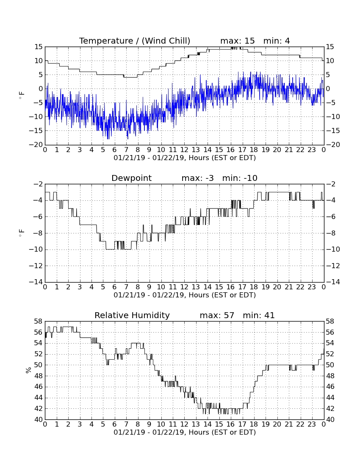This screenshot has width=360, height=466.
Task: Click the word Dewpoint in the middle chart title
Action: (x=131, y=178)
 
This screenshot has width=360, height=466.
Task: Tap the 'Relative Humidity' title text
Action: (x=132, y=315)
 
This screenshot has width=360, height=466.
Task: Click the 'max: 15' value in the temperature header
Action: (x=237, y=41)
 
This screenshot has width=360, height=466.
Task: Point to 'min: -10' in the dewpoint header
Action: (x=240, y=178)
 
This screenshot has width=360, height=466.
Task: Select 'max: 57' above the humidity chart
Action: (x=217, y=315)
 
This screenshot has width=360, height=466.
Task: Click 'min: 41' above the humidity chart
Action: (x=258, y=315)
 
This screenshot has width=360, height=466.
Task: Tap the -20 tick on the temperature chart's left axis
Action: (x=36, y=145)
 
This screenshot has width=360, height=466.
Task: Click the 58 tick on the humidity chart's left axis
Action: (x=39, y=321)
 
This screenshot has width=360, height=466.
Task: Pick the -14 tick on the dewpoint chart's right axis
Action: (x=333, y=282)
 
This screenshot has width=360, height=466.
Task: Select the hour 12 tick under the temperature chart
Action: (x=184, y=150)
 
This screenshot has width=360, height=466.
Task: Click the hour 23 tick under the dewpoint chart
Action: (x=312, y=287)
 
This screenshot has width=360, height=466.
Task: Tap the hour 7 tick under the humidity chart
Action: (x=126, y=424)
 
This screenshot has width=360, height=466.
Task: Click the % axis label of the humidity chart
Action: (x=28, y=370)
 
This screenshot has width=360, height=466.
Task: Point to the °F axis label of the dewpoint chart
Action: (x=21, y=233)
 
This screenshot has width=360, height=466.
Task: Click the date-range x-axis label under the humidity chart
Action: (x=185, y=433)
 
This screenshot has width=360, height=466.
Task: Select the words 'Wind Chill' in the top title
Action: (x=166, y=41)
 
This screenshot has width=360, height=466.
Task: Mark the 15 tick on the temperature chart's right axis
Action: (x=330, y=47)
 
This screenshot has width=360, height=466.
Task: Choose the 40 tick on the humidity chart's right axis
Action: (x=330, y=420)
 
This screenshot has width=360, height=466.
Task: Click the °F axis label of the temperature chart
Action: (x=21, y=96)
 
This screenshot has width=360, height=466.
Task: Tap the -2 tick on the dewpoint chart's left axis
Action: (x=38, y=184)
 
